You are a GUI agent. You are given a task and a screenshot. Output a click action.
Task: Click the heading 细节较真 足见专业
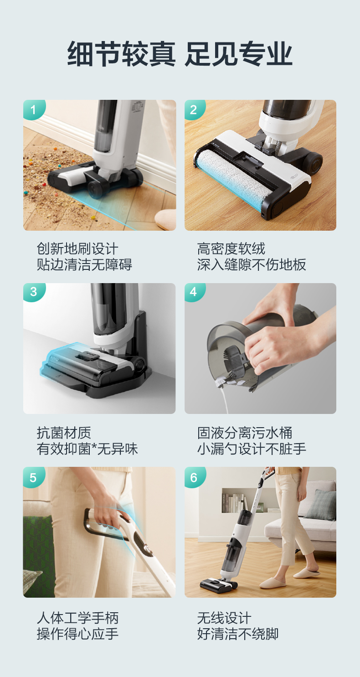(180, 54)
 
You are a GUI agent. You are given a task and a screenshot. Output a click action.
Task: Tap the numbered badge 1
(34, 109)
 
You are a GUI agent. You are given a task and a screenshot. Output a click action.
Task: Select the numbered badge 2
(194, 109)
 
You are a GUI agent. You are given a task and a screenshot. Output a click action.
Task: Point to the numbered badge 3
(34, 292)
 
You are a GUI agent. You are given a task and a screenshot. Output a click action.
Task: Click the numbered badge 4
(194, 292)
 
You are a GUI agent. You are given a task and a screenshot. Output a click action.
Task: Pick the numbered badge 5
(34, 477)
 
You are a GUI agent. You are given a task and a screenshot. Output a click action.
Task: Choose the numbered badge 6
(194, 477)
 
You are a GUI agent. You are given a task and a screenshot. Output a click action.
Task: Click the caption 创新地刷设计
(77, 249)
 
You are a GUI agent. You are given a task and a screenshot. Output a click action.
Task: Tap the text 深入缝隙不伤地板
(252, 264)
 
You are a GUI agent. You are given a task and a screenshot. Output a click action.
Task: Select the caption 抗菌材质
(64, 433)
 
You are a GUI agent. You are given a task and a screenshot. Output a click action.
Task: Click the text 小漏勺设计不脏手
(252, 449)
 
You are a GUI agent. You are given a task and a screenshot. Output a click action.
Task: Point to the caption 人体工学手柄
(77, 618)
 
